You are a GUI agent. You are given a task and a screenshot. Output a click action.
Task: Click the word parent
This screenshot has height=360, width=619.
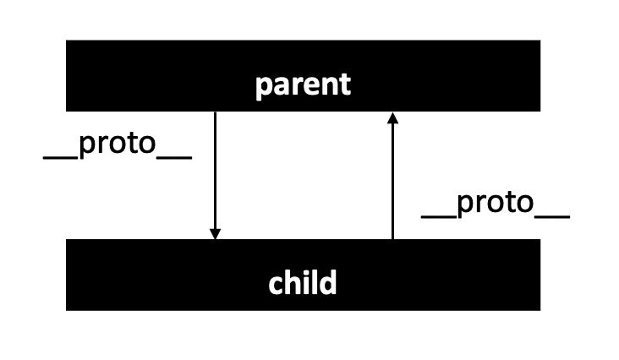pyautogui.click(x=303, y=85)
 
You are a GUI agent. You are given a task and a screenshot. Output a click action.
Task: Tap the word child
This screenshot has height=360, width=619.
pyautogui.click(x=303, y=282)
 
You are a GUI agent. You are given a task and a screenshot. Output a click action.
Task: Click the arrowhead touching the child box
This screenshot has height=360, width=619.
pyautogui.click(x=216, y=232)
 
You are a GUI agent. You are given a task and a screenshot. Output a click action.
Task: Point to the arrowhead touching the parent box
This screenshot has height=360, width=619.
pyautogui.click(x=392, y=118)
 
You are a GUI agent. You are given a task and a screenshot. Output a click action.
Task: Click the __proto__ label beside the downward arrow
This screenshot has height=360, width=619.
pyautogui.click(x=118, y=145)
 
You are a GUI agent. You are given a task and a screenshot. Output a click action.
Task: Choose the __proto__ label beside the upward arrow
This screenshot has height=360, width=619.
pyautogui.click(x=496, y=205)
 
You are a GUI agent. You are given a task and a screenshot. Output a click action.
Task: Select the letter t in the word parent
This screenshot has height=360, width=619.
pyautogui.click(x=344, y=85)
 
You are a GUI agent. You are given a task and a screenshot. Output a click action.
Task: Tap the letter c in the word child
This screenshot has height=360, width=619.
pyautogui.click(x=276, y=284)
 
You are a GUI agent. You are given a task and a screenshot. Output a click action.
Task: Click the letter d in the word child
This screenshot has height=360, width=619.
pyautogui.click(x=328, y=281)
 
